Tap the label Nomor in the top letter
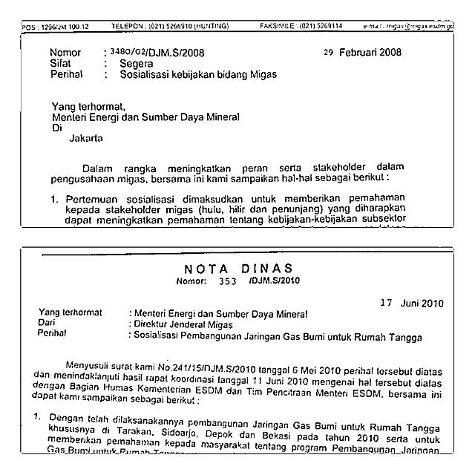(65, 53)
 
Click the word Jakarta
(88, 138)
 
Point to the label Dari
(47, 324)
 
